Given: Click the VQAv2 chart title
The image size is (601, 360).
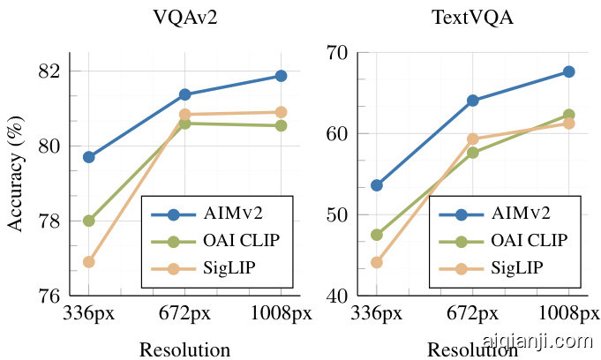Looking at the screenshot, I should pyautogui.click(x=184, y=17).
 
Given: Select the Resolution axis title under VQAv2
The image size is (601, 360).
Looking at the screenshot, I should pyautogui.click(x=184, y=349).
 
